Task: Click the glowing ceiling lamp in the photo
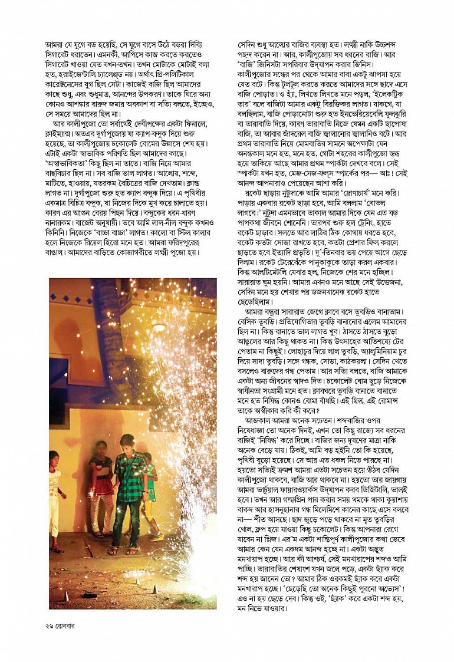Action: click(159, 327)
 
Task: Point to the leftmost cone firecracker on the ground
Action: click(66, 595)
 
